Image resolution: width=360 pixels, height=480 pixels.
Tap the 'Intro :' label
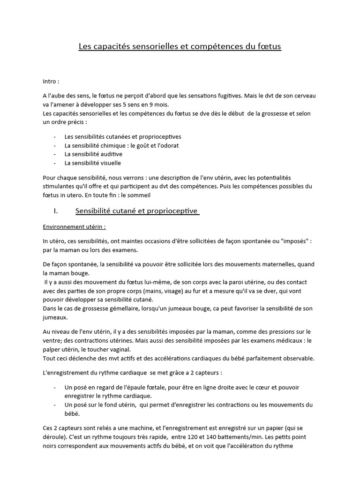pyautogui.click(x=51, y=81)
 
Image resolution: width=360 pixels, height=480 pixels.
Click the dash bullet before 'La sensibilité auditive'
pyautogui.click(x=55, y=154)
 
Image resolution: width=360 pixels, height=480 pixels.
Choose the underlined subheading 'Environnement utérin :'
pyautogui.click(x=75, y=226)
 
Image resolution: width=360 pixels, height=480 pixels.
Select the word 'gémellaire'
pyautogui.click(x=118, y=308)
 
